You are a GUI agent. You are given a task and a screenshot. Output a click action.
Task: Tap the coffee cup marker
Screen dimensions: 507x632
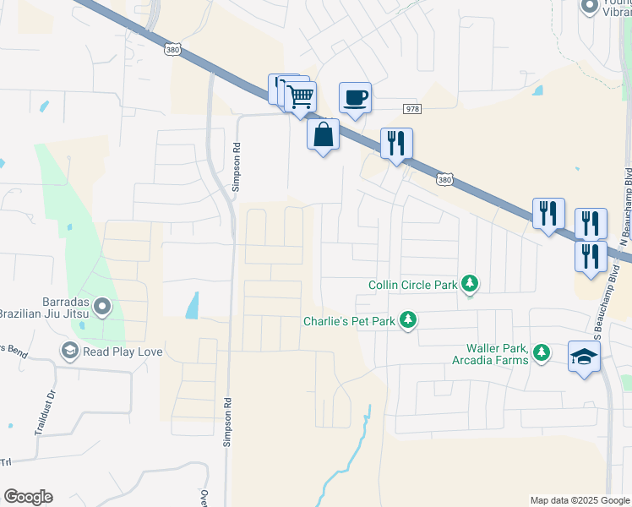(x=355, y=97)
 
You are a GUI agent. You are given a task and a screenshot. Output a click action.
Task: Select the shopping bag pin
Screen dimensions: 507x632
(x=323, y=134)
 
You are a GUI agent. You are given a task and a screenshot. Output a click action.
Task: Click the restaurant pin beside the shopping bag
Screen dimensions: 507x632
(x=395, y=143)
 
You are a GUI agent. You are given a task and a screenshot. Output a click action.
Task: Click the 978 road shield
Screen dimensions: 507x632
(x=412, y=109)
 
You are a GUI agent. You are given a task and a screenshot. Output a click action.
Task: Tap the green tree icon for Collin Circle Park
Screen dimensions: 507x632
(x=470, y=285)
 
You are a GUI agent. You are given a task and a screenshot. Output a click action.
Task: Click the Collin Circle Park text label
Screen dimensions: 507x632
(x=412, y=285)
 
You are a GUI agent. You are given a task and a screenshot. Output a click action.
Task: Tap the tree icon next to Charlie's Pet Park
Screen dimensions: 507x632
(x=409, y=320)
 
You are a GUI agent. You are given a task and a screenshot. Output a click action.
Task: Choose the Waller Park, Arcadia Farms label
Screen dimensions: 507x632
(x=498, y=354)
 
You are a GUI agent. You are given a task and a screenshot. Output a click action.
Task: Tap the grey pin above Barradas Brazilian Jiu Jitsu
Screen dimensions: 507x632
(x=102, y=306)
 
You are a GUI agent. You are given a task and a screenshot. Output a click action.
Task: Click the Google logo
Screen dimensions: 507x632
(x=28, y=497)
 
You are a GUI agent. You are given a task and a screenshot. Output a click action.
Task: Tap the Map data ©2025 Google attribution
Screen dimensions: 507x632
(x=579, y=500)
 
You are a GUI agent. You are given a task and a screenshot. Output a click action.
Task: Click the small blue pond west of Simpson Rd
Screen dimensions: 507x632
(x=193, y=305)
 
